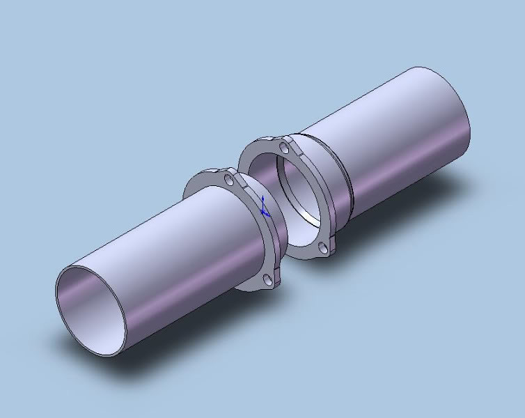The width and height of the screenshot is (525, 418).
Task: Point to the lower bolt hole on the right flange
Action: tap(322, 247)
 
